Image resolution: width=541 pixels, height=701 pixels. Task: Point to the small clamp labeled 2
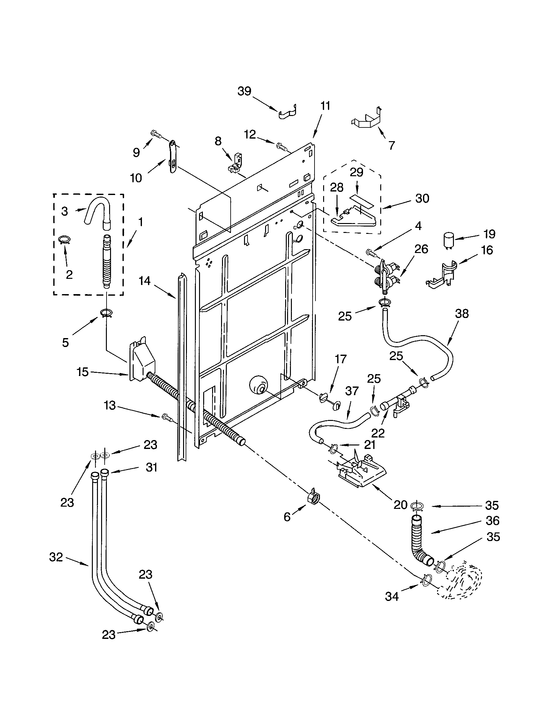coord(64,240)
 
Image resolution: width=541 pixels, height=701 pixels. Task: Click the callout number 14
coord(144,281)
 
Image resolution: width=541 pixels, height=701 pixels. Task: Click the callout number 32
coord(56,557)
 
